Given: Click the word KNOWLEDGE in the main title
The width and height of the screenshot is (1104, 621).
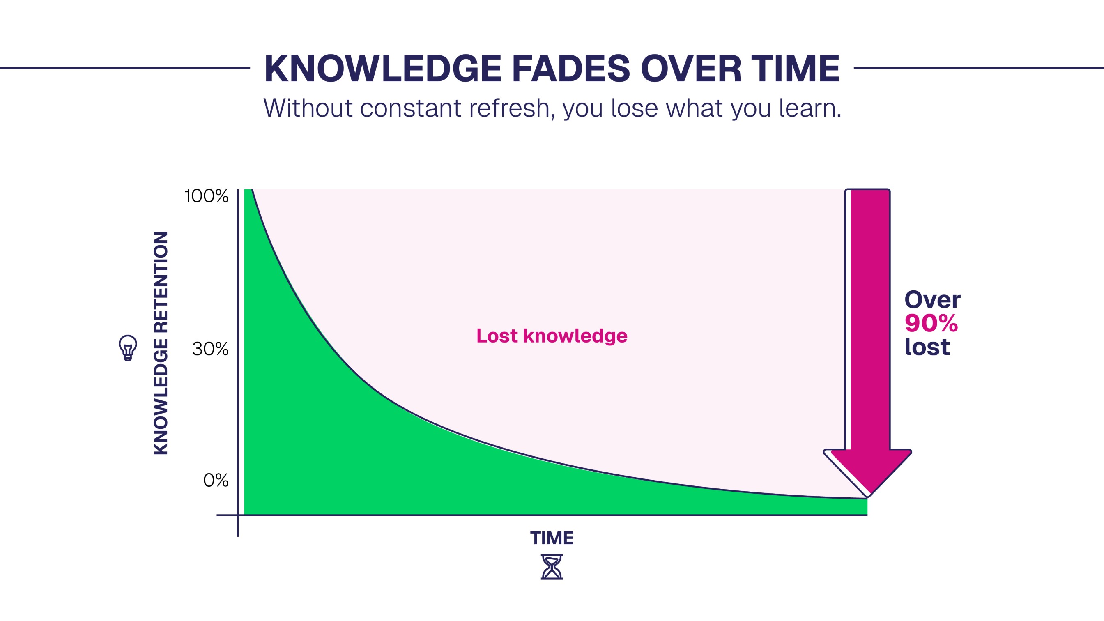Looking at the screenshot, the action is (382, 69).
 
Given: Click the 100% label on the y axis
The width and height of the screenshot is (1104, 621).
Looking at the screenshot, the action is (207, 196).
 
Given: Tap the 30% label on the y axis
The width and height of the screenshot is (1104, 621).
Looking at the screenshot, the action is (210, 349).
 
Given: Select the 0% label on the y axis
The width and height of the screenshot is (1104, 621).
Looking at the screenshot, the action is (216, 481).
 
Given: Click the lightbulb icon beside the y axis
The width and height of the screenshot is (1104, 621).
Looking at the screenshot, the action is (128, 347).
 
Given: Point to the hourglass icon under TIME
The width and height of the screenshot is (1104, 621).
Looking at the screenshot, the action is (552, 567).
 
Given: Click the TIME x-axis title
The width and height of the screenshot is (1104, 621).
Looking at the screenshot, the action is (552, 538).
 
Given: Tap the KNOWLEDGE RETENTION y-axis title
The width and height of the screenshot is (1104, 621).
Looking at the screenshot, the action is (161, 343).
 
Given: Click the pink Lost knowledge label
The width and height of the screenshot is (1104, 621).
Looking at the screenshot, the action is (552, 336).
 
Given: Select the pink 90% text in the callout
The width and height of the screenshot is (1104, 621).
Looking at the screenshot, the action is (931, 323).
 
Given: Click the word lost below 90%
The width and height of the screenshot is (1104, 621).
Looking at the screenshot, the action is (927, 346).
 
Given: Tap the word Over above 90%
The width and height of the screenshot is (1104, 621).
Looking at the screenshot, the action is (932, 299).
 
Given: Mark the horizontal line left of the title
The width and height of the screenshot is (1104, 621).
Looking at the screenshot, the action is (125, 68).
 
